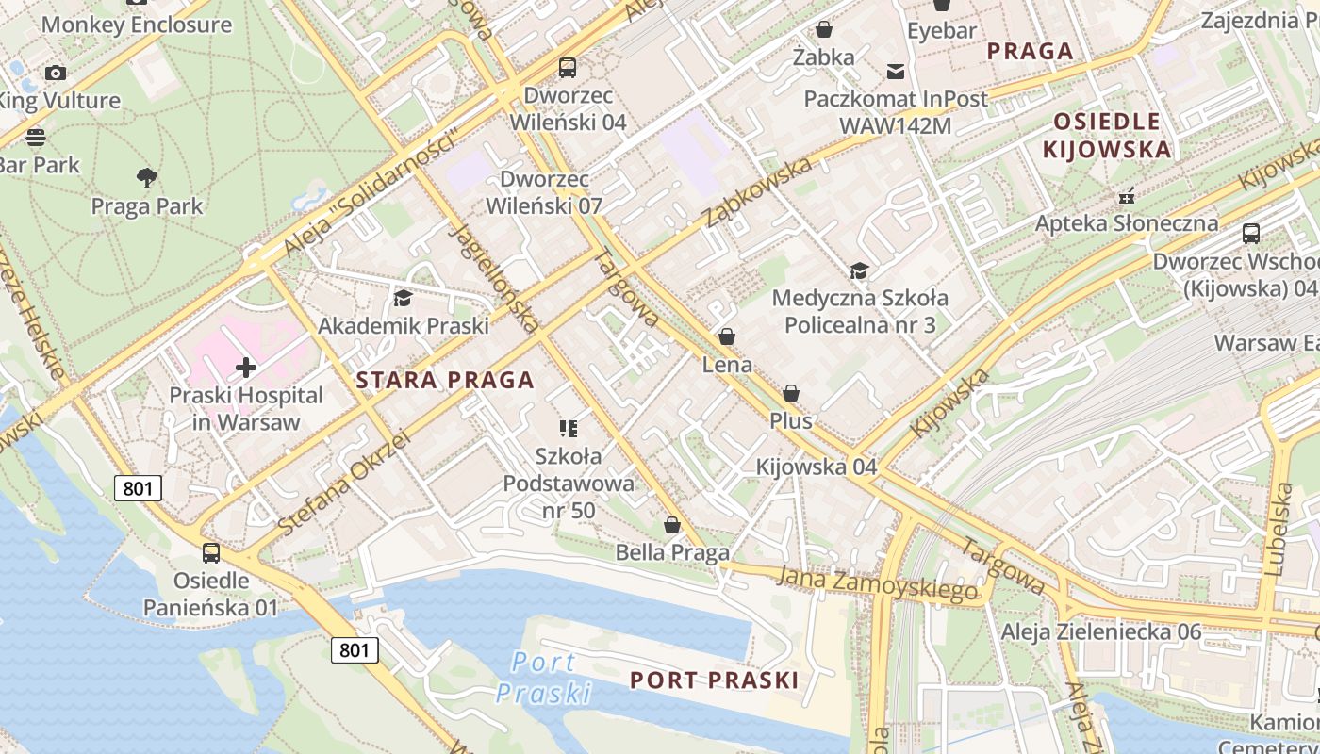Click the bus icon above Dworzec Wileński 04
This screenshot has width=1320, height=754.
click(x=567, y=68)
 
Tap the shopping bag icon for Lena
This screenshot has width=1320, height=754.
click(x=727, y=336)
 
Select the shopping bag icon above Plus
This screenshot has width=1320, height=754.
click(x=791, y=393)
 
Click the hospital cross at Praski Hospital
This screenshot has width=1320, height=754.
click(x=246, y=367)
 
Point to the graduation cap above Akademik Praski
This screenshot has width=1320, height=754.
click(x=403, y=299)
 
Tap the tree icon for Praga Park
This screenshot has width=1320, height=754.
click(x=146, y=177)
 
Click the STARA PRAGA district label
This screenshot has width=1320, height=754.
click(x=445, y=381)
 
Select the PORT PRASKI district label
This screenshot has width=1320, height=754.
click(x=714, y=680)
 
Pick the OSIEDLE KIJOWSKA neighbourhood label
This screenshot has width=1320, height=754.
click(x=1107, y=135)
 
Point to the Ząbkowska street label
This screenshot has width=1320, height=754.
click(x=758, y=193)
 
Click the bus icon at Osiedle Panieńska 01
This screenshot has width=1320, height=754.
click(x=211, y=553)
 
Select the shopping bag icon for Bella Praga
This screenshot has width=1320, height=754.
click(x=672, y=525)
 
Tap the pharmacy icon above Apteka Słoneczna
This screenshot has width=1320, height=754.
click(x=1126, y=196)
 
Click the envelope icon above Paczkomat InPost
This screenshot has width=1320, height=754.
click(x=895, y=71)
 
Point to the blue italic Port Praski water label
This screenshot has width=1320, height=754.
click(x=543, y=678)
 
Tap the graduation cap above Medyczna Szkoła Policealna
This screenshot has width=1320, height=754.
click(x=859, y=271)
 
